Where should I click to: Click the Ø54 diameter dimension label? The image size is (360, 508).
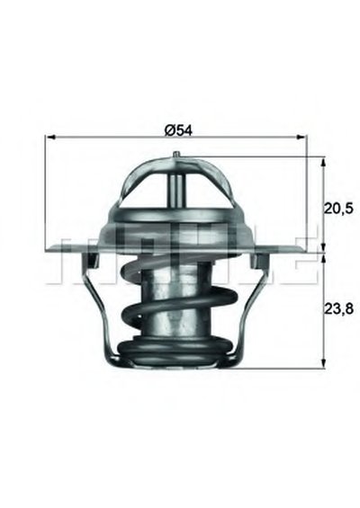pyautogui.click(x=179, y=131)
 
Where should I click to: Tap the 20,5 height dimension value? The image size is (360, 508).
pyautogui.click(x=338, y=209)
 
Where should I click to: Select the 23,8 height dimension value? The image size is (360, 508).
pyautogui.click(x=338, y=308)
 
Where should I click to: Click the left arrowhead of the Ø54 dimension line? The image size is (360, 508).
pyautogui.click(x=51, y=138)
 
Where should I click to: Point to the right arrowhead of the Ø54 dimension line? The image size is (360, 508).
pyautogui.click(x=301, y=138)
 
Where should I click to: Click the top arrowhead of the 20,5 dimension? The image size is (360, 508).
pyautogui.click(x=323, y=162)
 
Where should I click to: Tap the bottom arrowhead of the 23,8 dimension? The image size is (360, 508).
pyautogui.click(x=323, y=363)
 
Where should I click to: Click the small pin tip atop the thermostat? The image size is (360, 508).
pyautogui.click(x=176, y=155)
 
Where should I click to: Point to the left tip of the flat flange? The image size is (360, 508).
pyautogui.click(x=46, y=250)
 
